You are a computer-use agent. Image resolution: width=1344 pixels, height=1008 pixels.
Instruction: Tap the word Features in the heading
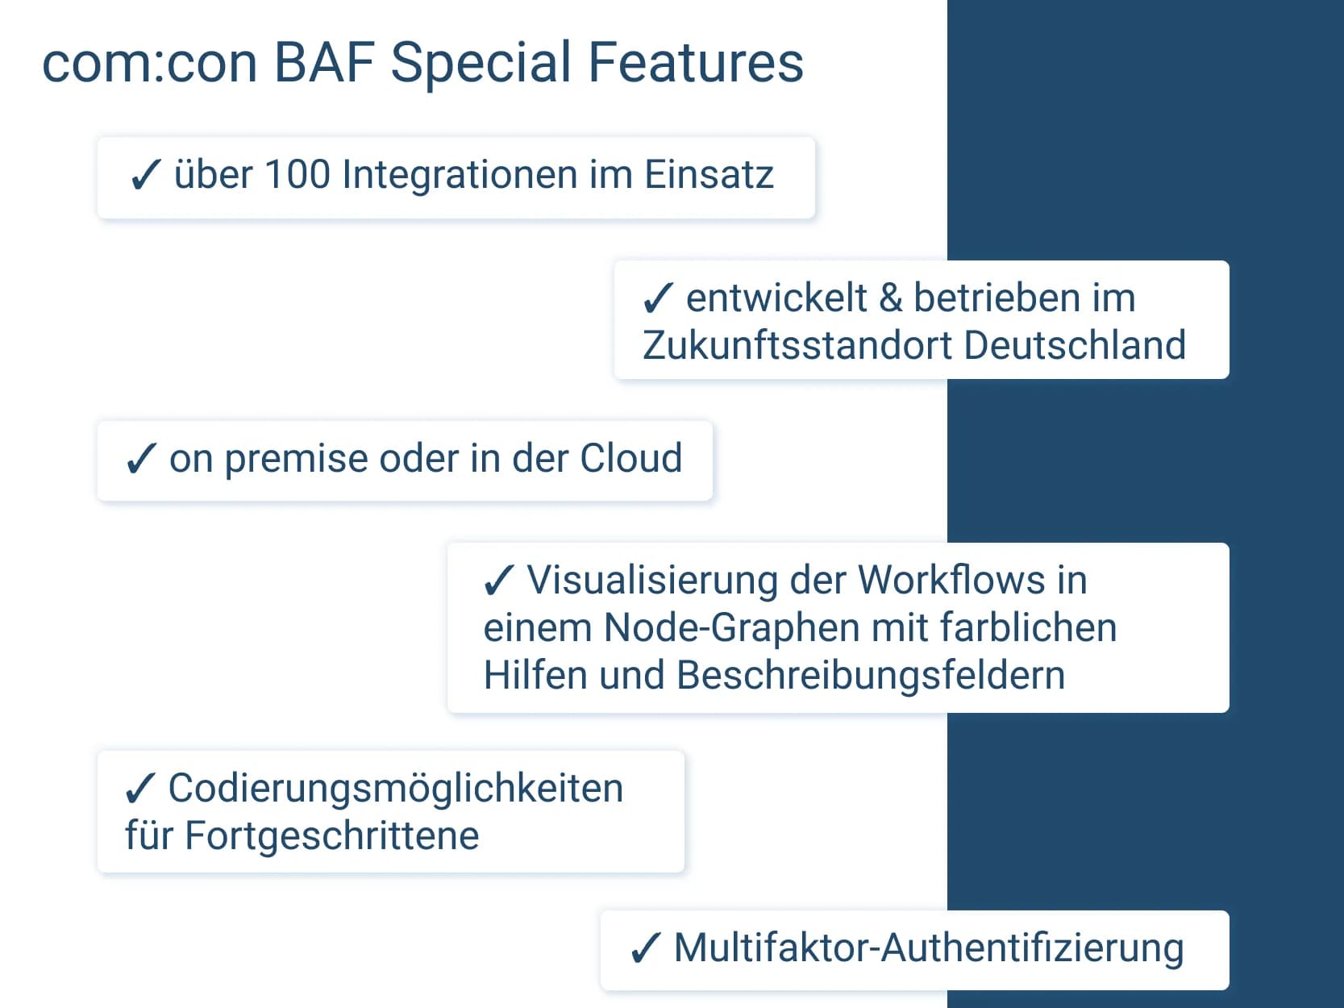point(696,63)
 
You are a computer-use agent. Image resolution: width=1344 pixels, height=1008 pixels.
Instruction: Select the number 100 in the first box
point(297,175)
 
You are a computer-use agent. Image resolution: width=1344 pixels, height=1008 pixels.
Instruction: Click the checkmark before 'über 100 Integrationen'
point(145,175)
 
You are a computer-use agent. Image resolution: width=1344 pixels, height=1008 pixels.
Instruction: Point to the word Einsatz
point(709,175)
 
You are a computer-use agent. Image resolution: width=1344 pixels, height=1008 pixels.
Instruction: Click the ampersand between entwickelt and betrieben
point(890,298)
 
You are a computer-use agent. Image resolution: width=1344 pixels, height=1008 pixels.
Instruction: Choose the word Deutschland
point(1075,345)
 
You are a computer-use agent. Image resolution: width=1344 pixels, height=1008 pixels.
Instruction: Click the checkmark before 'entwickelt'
point(657,298)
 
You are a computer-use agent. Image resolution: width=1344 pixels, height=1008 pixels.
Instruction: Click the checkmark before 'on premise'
point(140,459)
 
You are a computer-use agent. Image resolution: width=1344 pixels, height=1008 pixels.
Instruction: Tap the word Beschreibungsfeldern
point(871,676)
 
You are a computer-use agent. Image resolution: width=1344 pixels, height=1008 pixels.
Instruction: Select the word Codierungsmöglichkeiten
point(395,789)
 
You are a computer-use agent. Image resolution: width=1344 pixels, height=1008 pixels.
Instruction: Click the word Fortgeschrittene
point(332,835)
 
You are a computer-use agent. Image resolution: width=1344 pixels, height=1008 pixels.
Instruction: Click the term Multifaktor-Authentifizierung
point(929,948)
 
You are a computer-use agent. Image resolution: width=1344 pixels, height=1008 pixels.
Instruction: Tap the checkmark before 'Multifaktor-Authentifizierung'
point(645,948)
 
